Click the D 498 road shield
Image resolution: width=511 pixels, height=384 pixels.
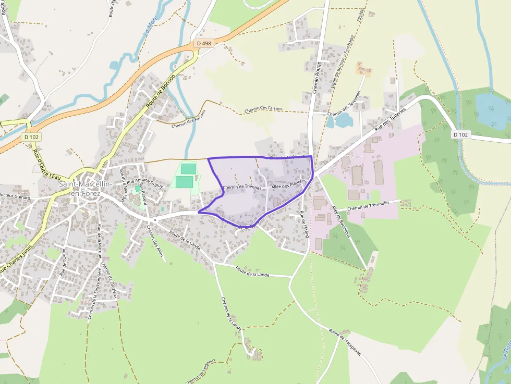204,44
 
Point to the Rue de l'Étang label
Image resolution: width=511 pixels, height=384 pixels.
304,224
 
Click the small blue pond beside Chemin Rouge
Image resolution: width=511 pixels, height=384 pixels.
341,120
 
